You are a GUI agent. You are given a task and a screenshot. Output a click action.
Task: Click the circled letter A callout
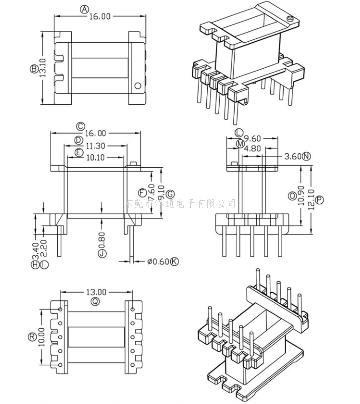[x=85, y=9]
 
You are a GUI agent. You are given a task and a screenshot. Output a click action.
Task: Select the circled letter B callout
[x=34, y=68]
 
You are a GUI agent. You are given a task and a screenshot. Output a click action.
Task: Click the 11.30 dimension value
[x=95, y=146]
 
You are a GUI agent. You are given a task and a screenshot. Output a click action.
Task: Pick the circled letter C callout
[x=80, y=126]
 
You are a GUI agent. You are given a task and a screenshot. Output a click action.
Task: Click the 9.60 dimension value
[x=253, y=138]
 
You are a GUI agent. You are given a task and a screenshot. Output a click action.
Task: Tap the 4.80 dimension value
[x=252, y=148]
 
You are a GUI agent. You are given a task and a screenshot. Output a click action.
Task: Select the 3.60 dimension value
[x=293, y=156]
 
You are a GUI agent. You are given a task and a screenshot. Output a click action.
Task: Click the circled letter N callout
[x=307, y=156]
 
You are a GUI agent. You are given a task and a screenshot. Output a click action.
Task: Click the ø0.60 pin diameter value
[x=157, y=262]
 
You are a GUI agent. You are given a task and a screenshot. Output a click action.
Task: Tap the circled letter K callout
[x=174, y=262]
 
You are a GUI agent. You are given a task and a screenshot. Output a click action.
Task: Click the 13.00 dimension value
[x=96, y=292]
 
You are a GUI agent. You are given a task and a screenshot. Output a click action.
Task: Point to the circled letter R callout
[x=32, y=337]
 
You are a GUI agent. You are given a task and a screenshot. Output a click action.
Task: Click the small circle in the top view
[x=138, y=86]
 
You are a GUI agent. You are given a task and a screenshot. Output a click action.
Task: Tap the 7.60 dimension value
[x=152, y=191]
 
